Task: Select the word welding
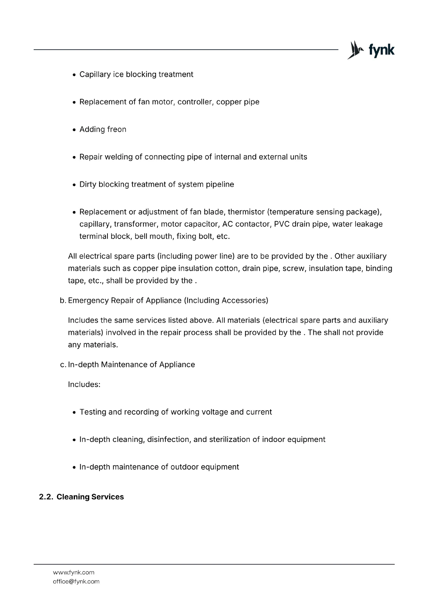119,157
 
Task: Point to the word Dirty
88,184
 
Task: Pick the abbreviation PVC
282,224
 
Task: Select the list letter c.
63,365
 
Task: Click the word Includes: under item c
84,384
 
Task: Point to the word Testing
93,412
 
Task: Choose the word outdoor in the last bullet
184,467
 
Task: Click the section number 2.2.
46,497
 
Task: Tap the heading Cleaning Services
90,497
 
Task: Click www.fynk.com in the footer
73,572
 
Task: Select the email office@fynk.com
76,581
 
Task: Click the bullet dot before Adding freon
75,130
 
